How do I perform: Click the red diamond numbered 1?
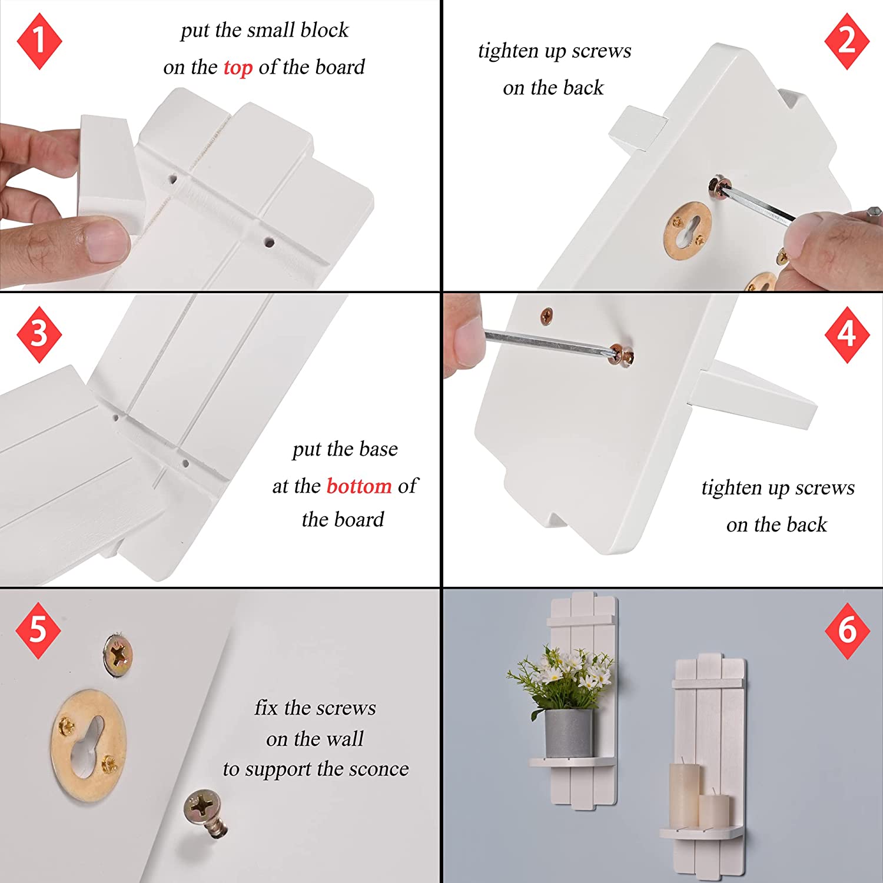point(39,41)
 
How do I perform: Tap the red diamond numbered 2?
point(847,41)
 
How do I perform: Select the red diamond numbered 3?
point(39,334)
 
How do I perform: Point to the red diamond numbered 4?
point(847,334)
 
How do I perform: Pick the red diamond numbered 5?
point(38,630)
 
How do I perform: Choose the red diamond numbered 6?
point(847,630)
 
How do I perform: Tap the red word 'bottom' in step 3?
point(359,486)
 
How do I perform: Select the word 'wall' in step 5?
point(344,738)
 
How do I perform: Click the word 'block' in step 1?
point(324,29)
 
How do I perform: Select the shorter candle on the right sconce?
point(714,810)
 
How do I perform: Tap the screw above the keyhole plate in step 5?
point(118,655)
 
